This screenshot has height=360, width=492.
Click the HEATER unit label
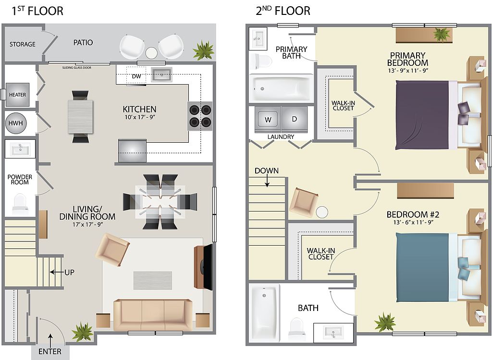click(x=18, y=95)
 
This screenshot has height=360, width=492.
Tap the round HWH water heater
click(x=16, y=123)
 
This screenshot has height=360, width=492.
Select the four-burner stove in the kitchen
click(x=200, y=116)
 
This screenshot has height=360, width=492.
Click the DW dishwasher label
click(x=136, y=76)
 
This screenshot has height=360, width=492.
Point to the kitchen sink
click(x=161, y=74)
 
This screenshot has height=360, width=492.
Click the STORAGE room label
click(x=22, y=44)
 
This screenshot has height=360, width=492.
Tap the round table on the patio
click(x=151, y=53)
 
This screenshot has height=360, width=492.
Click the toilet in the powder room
click(x=20, y=202)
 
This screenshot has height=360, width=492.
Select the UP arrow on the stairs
click(x=57, y=272)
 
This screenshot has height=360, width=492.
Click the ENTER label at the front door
click(x=50, y=351)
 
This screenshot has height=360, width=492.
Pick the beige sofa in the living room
click(x=153, y=314)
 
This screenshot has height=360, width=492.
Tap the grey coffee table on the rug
click(x=153, y=280)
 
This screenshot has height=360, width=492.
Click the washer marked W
click(x=268, y=120)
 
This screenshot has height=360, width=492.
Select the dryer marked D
click(x=295, y=120)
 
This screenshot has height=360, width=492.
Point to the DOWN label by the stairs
click(x=267, y=171)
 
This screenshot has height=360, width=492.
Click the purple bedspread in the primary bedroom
click(x=422, y=115)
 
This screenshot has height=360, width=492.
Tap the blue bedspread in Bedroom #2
click(x=422, y=267)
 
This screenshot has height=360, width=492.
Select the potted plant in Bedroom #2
click(x=385, y=322)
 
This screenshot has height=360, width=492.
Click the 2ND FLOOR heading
click(x=283, y=11)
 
